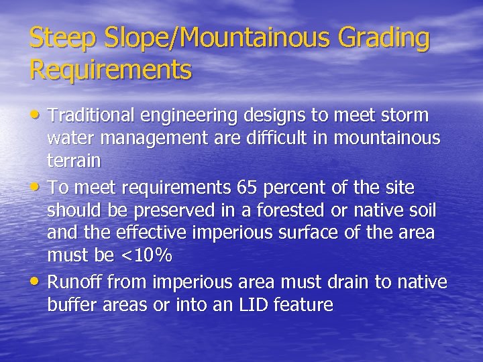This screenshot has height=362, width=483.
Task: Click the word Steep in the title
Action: [x=56, y=39]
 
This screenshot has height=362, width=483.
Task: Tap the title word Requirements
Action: [x=111, y=70]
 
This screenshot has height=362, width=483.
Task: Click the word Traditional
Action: [x=93, y=116]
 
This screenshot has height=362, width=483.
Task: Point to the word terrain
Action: [x=74, y=162]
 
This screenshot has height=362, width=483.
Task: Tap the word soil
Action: [x=423, y=210]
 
